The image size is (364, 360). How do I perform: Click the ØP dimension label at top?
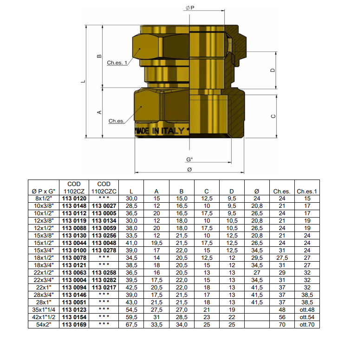[189, 8]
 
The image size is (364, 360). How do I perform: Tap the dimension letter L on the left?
[83, 81]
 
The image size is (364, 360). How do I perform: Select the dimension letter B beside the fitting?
[99, 56]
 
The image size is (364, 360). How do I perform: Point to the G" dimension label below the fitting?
[189, 159]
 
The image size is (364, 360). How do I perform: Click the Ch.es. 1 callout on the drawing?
[117, 63]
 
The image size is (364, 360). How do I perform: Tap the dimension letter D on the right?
[273, 71]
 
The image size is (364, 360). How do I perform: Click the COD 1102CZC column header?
[104, 187]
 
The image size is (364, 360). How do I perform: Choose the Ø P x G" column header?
[43, 191]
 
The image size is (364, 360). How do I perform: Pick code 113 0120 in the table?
[74, 198]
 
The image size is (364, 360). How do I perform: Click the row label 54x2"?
[43, 325]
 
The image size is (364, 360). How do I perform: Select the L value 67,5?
[132, 325]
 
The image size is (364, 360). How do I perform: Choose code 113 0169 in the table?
[74, 325]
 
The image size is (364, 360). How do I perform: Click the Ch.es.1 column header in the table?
[307, 191]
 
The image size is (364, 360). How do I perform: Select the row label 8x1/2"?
[43, 198]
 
